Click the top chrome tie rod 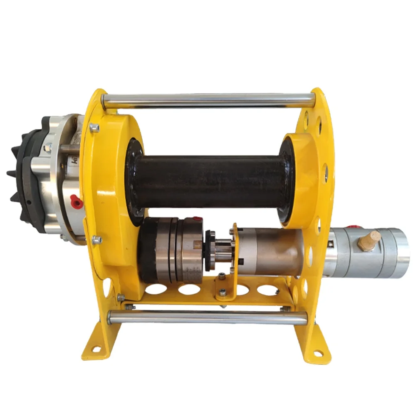[208, 100]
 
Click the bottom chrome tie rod [208, 317]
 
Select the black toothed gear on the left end [19, 175]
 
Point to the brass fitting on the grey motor [369, 240]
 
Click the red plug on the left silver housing [76, 200]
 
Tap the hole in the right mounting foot [317, 353]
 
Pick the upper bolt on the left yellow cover [94, 128]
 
